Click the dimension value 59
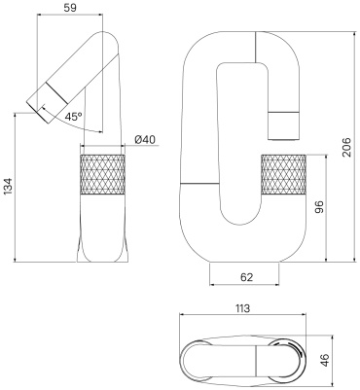70,8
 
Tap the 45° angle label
73,116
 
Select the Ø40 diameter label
145,139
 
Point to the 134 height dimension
9,186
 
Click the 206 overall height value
347,147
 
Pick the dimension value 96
319,207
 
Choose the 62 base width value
246,277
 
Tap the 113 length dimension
242,308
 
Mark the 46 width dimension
324,360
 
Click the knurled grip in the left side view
102,175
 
